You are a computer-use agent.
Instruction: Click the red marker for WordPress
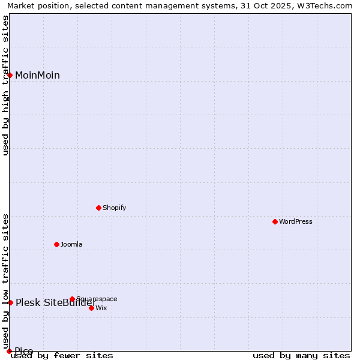(275, 221)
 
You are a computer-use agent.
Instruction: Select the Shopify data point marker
(99, 208)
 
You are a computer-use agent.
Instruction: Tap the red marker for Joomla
(57, 244)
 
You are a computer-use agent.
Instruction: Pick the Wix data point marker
(91, 308)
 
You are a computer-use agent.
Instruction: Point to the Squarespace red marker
(72, 299)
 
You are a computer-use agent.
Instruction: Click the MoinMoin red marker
(10, 75)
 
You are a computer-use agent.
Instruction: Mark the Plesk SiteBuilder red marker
(10, 302)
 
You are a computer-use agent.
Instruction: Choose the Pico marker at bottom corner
(9, 351)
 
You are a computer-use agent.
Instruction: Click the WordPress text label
(296, 222)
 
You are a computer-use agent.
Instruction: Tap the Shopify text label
(115, 208)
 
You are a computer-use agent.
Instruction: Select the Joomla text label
(71, 245)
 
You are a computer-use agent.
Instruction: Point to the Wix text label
(101, 308)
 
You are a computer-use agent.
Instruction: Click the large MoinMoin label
(37, 76)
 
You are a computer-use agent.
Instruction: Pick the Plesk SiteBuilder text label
(56, 303)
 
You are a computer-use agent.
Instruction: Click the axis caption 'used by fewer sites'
(62, 356)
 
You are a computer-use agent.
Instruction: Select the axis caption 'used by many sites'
(301, 356)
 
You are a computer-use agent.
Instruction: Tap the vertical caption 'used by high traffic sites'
(5, 85)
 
